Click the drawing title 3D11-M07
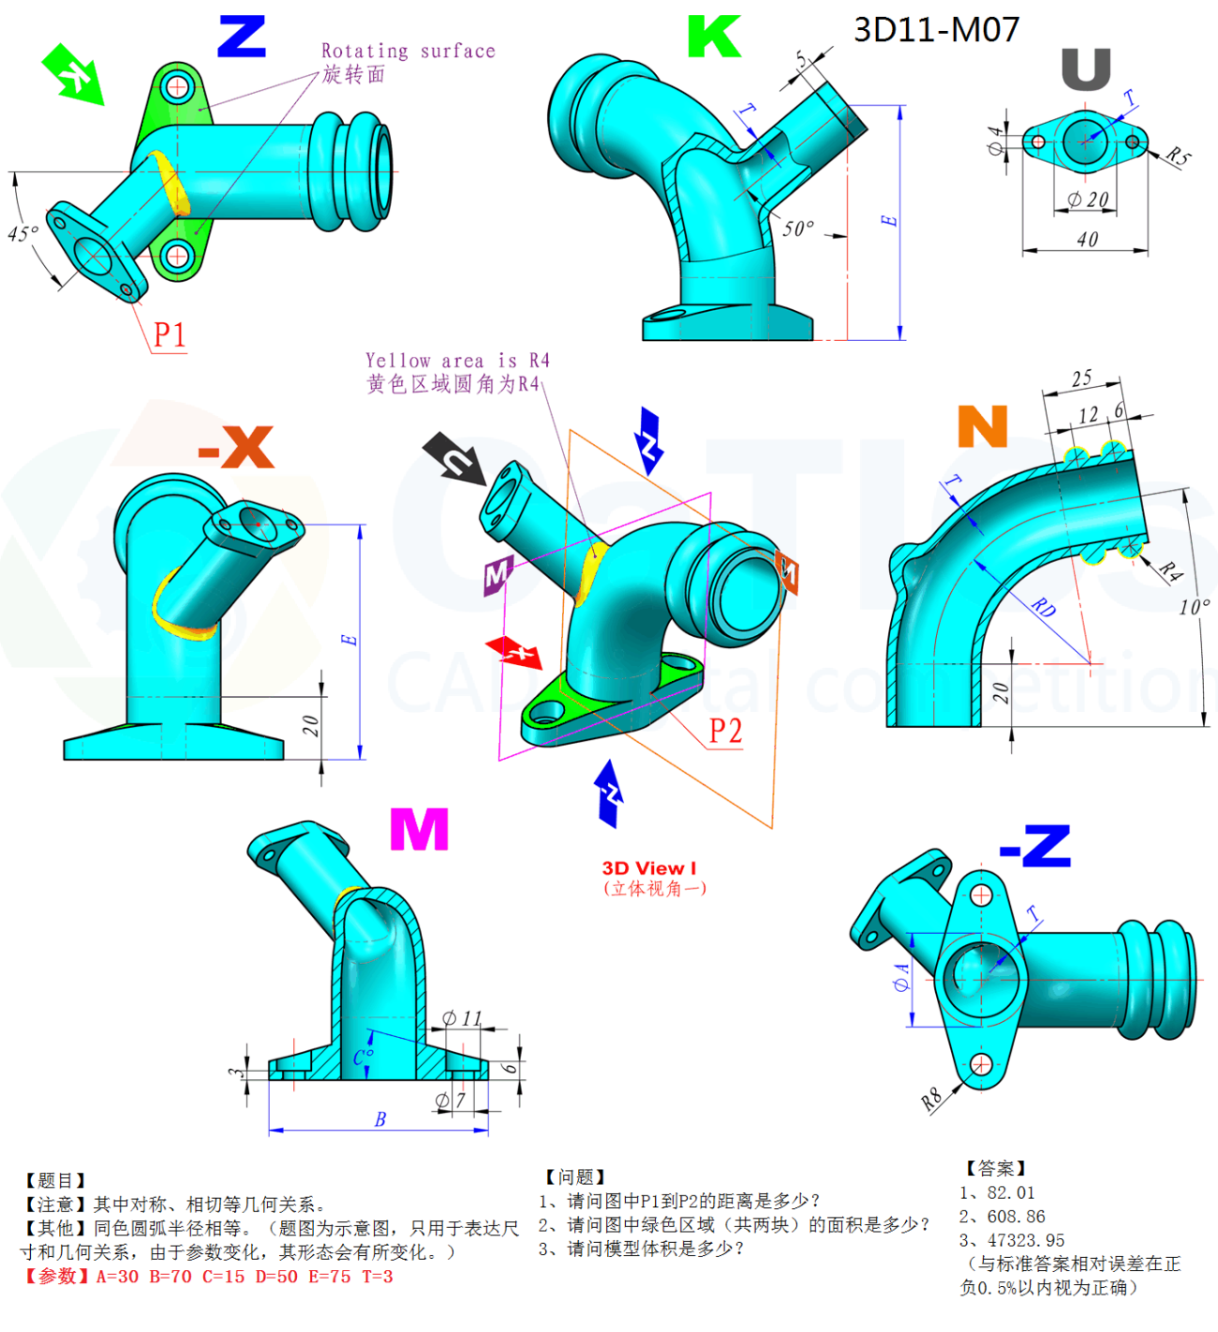935,30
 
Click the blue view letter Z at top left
242,37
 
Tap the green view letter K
714,37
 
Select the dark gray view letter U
1086,69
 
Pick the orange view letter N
982,426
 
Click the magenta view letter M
419,829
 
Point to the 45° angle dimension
22,233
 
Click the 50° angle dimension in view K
798,229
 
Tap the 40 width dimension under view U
1087,240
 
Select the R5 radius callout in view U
1178,156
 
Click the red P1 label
170,334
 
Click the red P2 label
725,731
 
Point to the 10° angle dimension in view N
1195,607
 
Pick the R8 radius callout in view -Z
930,1100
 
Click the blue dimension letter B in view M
379,1119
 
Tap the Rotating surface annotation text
408,51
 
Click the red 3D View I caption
649,868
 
